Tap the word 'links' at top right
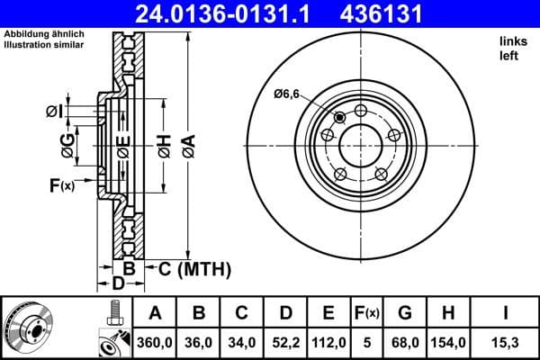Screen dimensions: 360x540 (512, 41)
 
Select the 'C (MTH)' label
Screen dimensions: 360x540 (194, 268)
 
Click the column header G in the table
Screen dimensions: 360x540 (404, 312)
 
